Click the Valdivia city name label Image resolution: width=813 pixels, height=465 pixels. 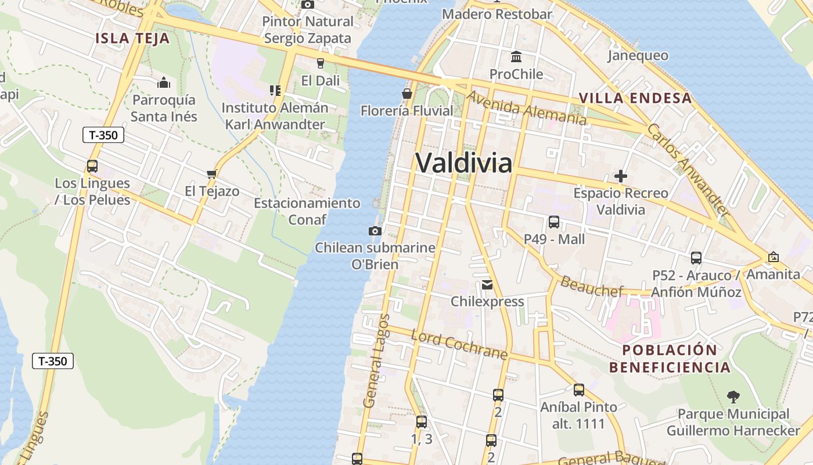point(464,163)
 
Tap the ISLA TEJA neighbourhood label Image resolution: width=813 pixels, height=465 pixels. point(132,39)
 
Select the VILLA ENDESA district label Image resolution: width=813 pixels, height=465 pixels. point(635,98)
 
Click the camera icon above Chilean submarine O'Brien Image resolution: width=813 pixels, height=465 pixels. point(375,231)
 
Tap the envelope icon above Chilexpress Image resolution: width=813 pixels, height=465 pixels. point(487,285)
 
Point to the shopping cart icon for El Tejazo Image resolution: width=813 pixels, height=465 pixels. point(212,174)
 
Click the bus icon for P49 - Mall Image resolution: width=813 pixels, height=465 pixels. point(554,221)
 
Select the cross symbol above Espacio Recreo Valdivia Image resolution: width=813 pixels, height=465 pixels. point(621,176)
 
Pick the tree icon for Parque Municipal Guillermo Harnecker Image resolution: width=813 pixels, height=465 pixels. point(733,397)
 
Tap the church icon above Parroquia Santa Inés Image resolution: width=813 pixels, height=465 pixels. point(164,83)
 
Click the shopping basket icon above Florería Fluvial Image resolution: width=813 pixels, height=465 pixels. point(407,93)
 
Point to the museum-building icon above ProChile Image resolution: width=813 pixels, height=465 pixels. point(516,56)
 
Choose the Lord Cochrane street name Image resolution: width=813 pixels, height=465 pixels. point(459,345)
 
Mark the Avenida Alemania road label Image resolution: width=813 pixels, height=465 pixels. point(526,108)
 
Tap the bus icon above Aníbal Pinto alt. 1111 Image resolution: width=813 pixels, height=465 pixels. point(578,390)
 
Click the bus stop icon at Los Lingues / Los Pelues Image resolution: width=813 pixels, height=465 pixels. point(92,166)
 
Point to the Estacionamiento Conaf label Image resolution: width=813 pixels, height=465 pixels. point(307,211)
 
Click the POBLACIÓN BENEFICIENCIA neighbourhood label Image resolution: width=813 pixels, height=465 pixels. point(670,359)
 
